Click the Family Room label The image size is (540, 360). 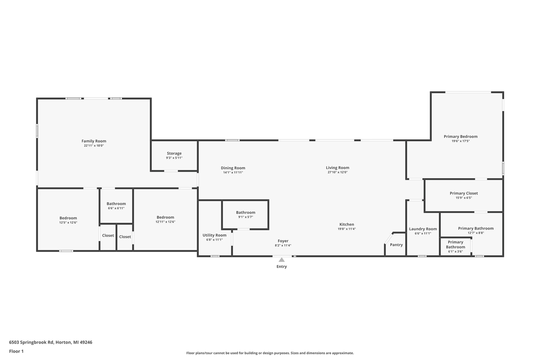pos(94,141)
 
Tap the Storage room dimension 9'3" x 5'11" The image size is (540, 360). pos(174,158)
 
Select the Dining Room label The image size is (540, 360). pos(233,168)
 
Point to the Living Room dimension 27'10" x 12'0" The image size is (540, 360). pos(337,172)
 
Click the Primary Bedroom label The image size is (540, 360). pos(460,136)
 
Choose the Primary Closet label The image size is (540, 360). pos(464,193)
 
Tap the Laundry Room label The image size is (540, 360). pos(423,229)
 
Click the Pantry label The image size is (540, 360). pos(396,245)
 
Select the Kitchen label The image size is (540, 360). pos(347,225)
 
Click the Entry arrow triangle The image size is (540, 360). pos(281,260)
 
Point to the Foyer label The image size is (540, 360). pos(283,241)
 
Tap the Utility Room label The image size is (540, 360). pos(214,235)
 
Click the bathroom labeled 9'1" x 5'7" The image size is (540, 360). pos(246,214)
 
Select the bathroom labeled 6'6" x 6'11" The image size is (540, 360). pos(116,206)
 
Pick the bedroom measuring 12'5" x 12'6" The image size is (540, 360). pos(68,220)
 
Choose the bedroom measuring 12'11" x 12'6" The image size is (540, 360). pos(165,219)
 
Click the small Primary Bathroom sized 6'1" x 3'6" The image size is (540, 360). pos(455,246)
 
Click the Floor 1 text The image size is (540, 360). pos(16,351)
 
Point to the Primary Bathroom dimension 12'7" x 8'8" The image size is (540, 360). pos(475,233)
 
